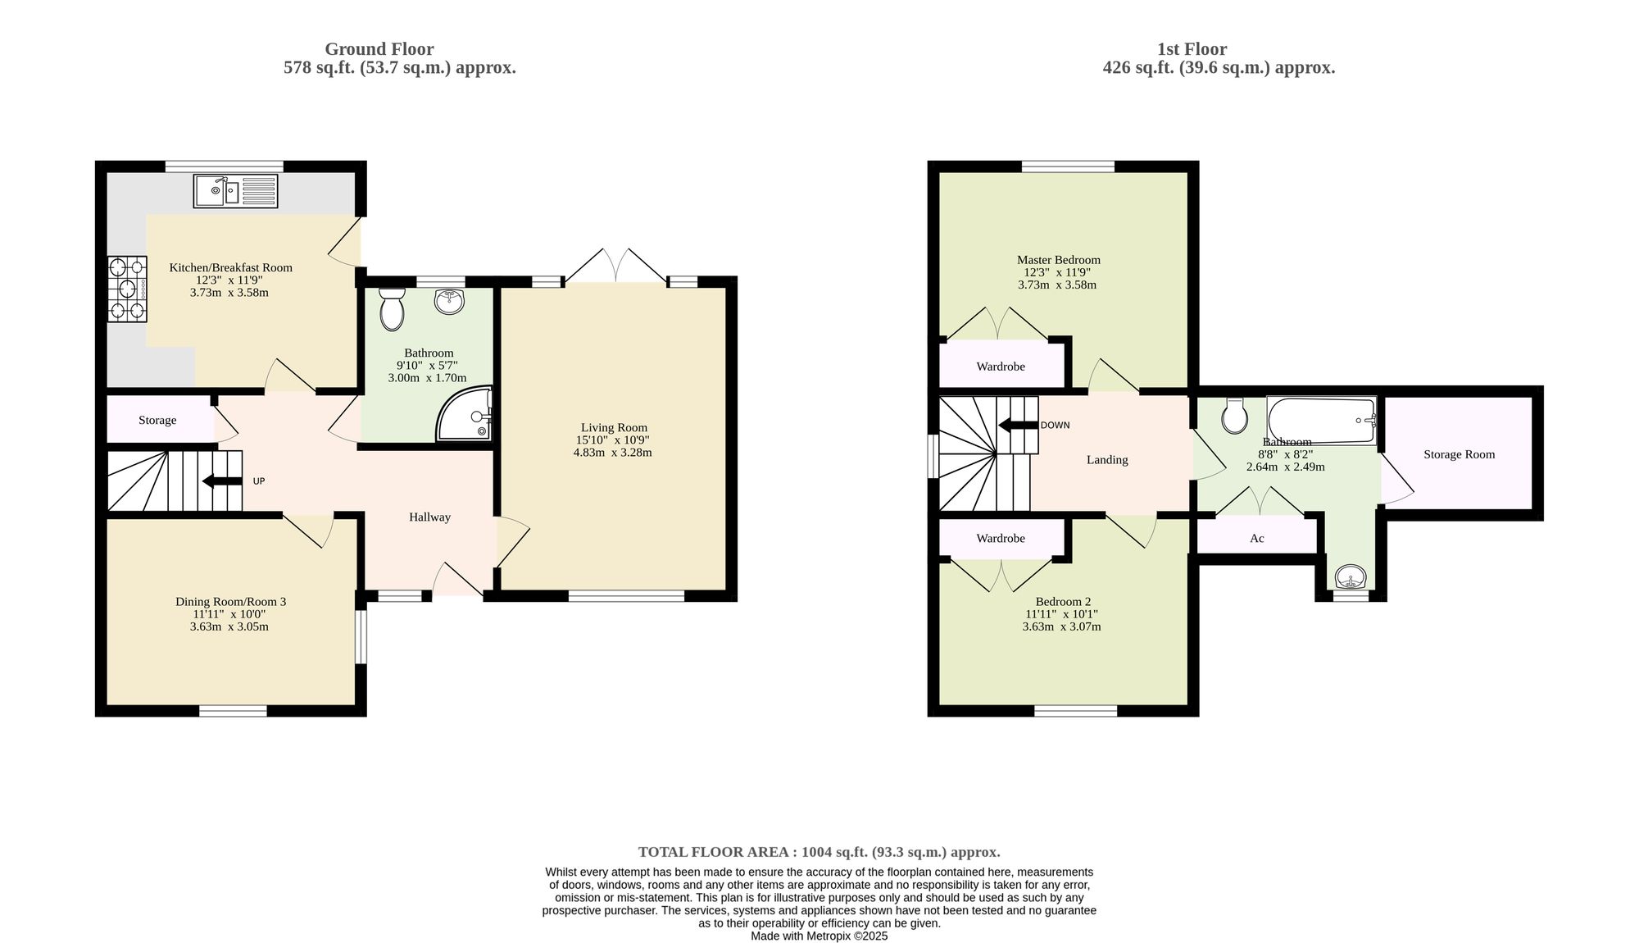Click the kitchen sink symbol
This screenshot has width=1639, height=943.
click(236, 191)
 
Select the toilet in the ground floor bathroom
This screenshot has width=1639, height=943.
click(393, 308)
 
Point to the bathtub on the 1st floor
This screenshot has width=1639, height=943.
click(1321, 421)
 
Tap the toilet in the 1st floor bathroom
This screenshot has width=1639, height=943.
click(1233, 416)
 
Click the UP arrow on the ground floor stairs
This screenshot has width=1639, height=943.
click(222, 481)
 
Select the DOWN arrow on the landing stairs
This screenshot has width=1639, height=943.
click(1018, 426)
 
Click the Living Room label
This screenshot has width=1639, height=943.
click(614, 427)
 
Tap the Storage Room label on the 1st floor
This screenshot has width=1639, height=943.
click(1459, 454)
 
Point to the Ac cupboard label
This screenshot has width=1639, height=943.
click(1257, 539)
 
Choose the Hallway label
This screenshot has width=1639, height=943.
click(429, 517)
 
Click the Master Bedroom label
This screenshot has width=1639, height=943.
click(1058, 260)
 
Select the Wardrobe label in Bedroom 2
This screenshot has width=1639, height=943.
click(1001, 539)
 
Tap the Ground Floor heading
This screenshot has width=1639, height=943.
click(379, 49)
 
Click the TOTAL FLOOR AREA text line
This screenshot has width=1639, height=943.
click(819, 852)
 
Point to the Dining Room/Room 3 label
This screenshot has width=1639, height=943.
click(230, 602)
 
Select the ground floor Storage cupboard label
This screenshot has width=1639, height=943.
click(157, 421)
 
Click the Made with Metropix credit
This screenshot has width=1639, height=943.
click(819, 936)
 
